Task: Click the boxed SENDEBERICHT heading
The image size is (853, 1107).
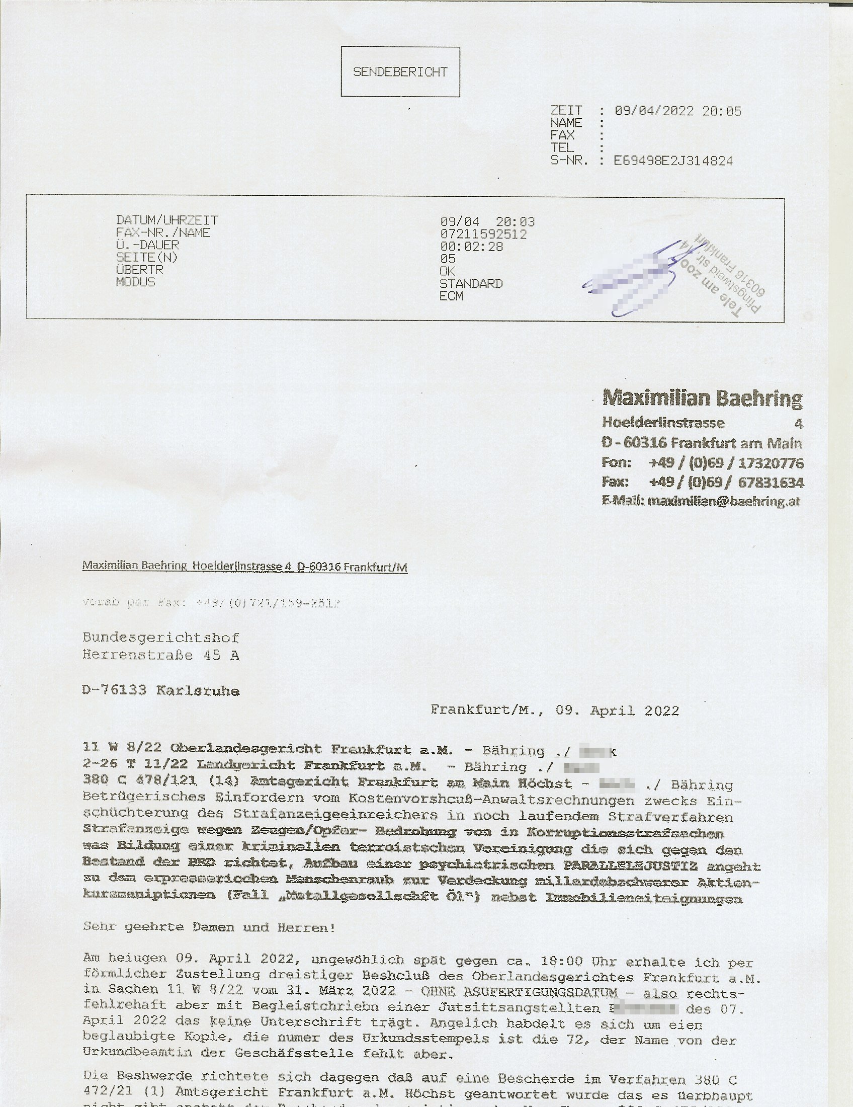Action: (x=400, y=72)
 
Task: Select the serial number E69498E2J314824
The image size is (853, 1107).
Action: (x=673, y=161)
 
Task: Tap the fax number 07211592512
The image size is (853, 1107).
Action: (x=483, y=234)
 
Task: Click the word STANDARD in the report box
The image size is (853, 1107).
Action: (x=471, y=284)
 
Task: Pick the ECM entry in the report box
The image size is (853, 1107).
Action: (x=451, y=296)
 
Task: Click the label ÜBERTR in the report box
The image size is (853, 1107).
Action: (x=140, y=270)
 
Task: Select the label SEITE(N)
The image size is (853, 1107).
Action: (x=147, y=258)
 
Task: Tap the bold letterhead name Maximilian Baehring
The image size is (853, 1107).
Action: (x=703, y=399)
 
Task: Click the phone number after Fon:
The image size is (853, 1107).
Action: (x=726, y=463)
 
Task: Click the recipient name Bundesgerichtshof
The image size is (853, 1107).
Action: (x=160, y=638)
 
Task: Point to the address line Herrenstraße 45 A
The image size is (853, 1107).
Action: (x=160, y=655)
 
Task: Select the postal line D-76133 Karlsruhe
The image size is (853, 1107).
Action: (x=160, y=691)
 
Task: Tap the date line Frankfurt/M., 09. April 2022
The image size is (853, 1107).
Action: (x=555, y=710)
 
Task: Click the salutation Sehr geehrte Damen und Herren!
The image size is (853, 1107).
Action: (x=209, y=927)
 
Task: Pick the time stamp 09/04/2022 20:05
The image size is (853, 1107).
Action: (x=678, y=111)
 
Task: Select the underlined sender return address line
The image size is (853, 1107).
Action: (x=244, y=567)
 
